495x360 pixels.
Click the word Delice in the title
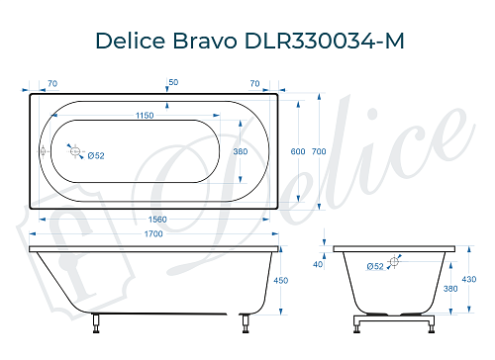130,41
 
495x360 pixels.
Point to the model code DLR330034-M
320,41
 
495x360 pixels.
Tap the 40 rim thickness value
318,264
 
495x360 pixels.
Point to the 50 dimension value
173,81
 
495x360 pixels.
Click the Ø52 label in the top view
96,155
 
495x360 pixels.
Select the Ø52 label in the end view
375,266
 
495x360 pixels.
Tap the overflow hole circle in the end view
395,261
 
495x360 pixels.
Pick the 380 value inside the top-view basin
239,151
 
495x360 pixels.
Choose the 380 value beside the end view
450,290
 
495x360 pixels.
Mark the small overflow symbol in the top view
43,151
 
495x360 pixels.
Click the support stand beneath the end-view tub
395,323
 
